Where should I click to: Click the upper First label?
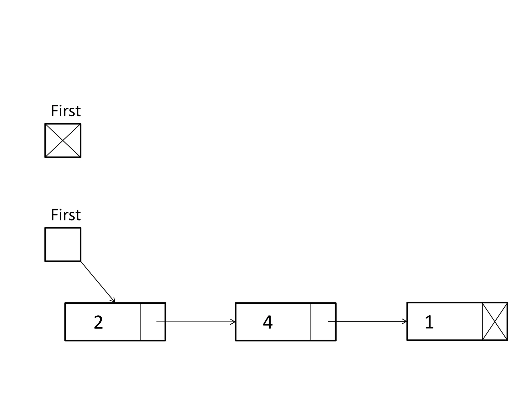tap(66, 111)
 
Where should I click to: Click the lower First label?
tap(66, 215)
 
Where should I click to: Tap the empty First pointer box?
tap(63, 244)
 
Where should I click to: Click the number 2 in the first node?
tap(98, 323)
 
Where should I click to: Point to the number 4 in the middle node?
tap(268, 323)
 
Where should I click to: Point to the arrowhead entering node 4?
tap(233, 322)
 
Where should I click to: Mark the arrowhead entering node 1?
tap(405, 322)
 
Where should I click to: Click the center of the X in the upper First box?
tap(63, 140)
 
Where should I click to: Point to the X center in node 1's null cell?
tap(495, 322)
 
